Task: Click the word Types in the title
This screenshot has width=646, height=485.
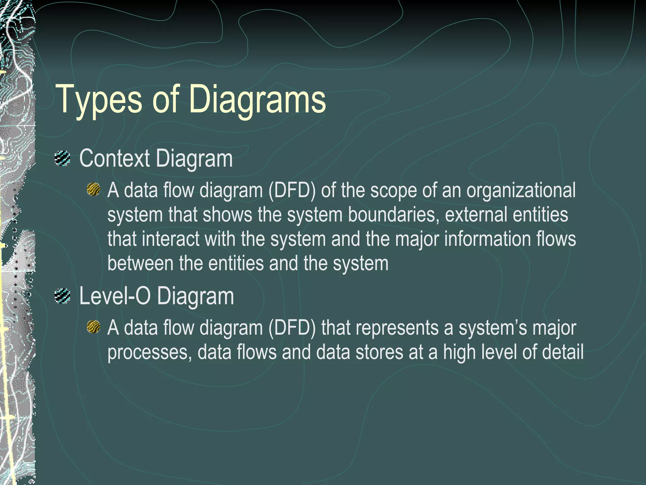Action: coord(98,100)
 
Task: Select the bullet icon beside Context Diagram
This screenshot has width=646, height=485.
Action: coord(62,159)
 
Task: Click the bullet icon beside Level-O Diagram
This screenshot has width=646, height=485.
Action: coord(62,296)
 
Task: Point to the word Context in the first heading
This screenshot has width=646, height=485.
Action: coord(114,159)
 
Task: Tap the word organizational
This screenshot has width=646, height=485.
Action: coord(521,191)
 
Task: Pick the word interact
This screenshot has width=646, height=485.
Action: coord(170,239)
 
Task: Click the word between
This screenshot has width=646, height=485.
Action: coord(140,263)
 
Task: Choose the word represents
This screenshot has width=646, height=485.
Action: coord(397,328)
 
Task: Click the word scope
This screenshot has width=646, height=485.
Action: coord(393,191)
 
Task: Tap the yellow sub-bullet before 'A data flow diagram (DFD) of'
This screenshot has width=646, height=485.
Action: coord(93,189)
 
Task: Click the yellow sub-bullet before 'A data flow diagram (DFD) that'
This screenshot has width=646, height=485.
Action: coord(93,327)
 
